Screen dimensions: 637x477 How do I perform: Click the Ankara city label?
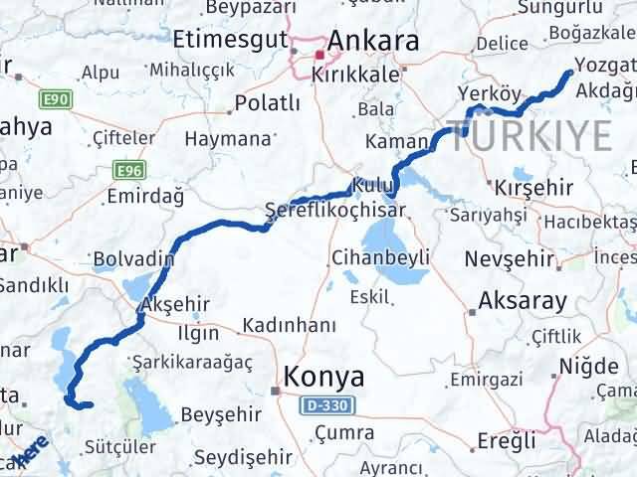point(372,41)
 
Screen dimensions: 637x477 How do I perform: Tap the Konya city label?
point(324,377)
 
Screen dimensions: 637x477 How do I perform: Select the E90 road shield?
point(55,100)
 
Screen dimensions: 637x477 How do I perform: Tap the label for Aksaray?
point(523,301)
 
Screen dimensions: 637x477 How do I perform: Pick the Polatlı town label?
point(268,102)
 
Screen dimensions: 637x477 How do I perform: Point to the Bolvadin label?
point(133,260)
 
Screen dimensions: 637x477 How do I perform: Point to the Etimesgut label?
point(229,41)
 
